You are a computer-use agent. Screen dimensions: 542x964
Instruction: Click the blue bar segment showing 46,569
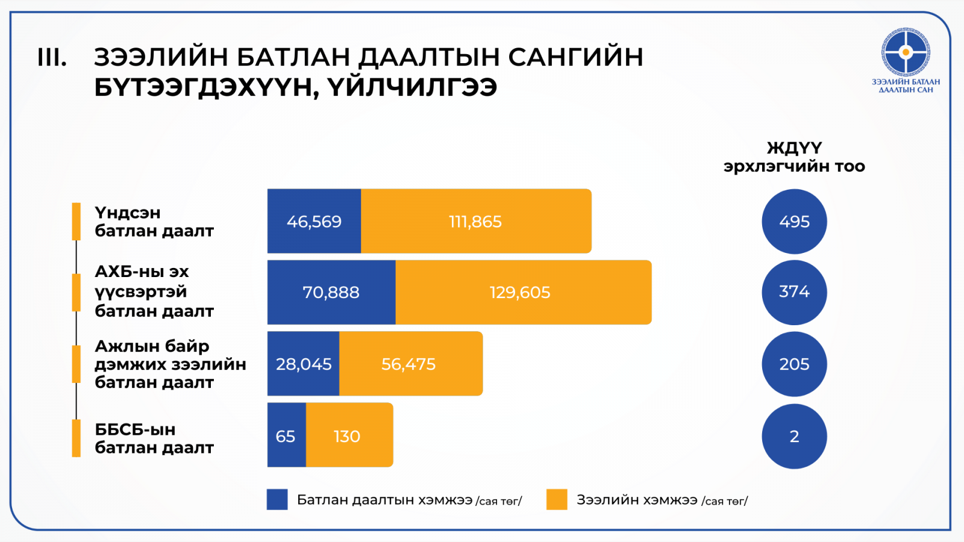click(x=314, y=221)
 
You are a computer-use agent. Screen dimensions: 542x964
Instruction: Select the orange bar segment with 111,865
click(x=475, y=221)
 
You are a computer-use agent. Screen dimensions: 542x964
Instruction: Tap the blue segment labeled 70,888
click(x=331, y=292)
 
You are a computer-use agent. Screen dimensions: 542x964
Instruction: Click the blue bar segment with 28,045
click(x=303, y=364)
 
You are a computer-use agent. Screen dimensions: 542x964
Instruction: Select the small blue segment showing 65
click(x=286, y=435)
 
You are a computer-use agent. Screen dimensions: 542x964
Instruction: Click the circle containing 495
click(x=794, y=222)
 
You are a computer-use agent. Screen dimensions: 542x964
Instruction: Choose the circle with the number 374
click(x=794, y=292)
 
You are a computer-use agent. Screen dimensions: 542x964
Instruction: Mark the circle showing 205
click(x=794, y=364)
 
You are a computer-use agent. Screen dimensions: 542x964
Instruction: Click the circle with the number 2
click(x=794, y=436)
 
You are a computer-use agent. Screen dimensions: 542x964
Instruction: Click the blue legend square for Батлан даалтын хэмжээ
click(x=277, y=499)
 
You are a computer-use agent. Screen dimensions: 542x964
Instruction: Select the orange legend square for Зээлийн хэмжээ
click(x=557, y=499)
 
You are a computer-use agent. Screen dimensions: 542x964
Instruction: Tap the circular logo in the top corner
click(x=906, y=52)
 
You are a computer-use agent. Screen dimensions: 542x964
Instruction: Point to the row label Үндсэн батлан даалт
click(x=154, y=222)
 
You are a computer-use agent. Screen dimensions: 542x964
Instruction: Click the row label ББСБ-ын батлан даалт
click(x=154, y=438)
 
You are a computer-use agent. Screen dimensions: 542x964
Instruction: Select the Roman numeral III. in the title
click(x=52, y=58)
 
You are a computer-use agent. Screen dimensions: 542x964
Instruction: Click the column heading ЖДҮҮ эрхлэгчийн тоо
click(x=794, y=157)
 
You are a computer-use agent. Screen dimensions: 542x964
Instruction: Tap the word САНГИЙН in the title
click(x=575, y=57)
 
